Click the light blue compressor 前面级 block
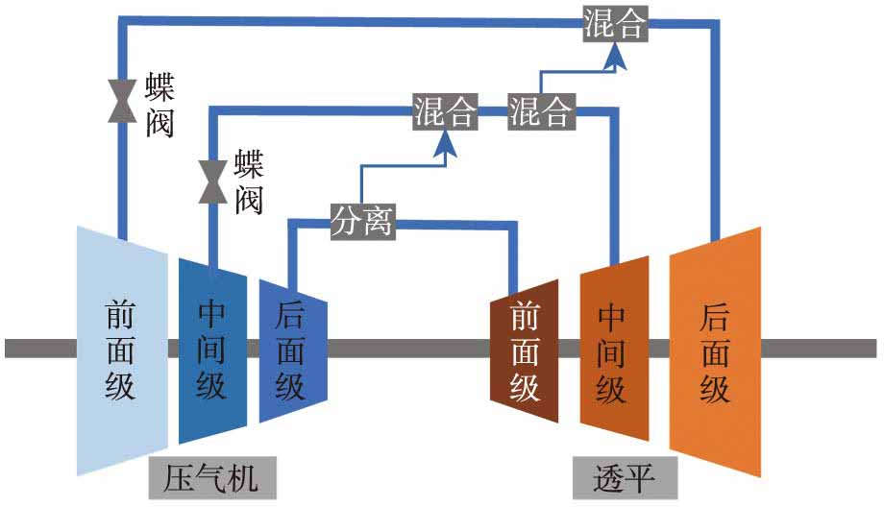coord(121,350)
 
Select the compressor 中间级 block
coord(211,350)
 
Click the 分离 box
coord(362,222)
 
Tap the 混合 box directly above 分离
coord(445,112)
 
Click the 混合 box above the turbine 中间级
coord(540,112)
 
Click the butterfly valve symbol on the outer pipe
coord(122,100)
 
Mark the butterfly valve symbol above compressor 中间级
coord(211,181)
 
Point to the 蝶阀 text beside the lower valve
coord(248,181)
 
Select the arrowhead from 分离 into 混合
coord(445,144)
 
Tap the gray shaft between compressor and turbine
coord(408,348)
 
